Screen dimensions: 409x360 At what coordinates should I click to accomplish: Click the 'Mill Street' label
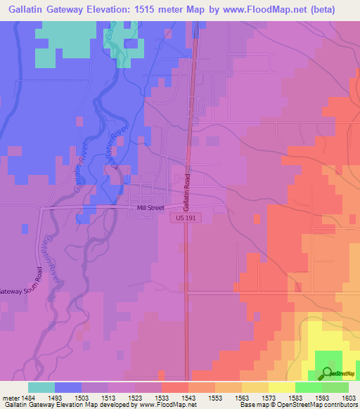point(150,207)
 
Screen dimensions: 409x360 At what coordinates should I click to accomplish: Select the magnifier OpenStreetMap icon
point(326,372)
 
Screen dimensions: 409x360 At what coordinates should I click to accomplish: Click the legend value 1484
point(21,398)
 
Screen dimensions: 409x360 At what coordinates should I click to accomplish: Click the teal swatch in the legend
point(41,387)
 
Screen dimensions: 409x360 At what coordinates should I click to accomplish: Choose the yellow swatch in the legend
point(281,387)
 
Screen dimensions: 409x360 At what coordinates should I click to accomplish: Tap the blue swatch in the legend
point(67,387)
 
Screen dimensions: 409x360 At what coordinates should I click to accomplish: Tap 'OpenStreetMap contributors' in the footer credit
point(321,405)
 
